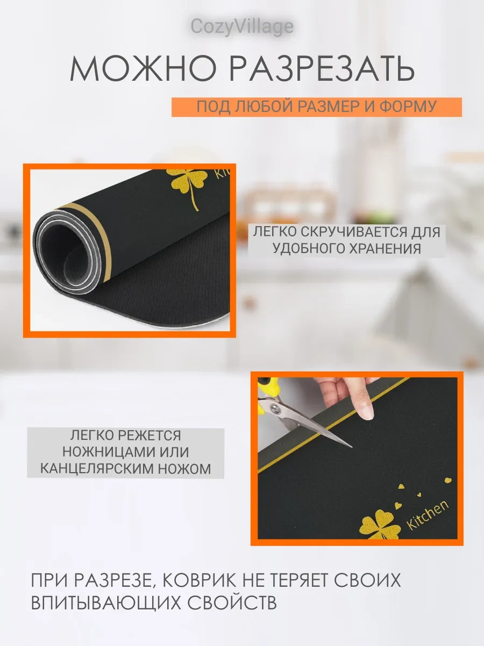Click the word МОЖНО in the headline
click(x=143, y=68)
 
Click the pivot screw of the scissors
click(x=275, y=408)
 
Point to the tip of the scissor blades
click(x=352, y=447)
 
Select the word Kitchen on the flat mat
click(x=427, y=514)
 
